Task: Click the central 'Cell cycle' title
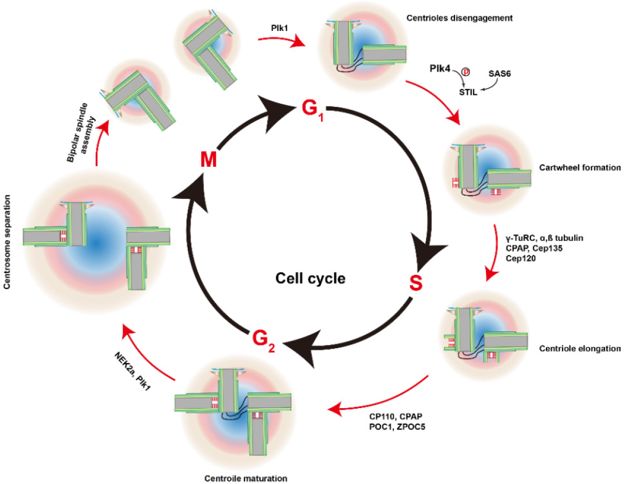311,278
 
